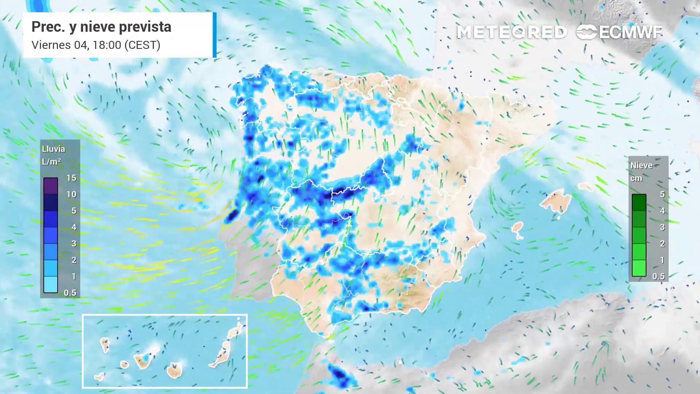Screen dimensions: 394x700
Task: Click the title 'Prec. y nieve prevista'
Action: tap(101, 27)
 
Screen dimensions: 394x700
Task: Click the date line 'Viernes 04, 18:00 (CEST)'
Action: tap(96, 45)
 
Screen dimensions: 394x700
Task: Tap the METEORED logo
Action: tap(512, 32)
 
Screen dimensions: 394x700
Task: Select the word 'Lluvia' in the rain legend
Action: tap(54, 149)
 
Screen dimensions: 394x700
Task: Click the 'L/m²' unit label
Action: tap(51, 162)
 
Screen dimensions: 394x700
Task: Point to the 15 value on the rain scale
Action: tap(71, 178)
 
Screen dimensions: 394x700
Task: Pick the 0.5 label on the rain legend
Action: tap(70, 293)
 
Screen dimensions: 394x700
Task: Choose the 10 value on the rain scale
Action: tap(71, 194)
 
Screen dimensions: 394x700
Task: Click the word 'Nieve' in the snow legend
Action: tap(641, 166)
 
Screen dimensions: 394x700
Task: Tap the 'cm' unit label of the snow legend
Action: tap(636, 178)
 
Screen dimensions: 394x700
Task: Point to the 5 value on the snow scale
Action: tap(662, 194)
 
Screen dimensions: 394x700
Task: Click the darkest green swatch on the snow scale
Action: tap(639, 202)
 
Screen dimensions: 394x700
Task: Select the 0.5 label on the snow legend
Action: tap(658, 276)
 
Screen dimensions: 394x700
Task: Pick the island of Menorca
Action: tap(585, 187)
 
